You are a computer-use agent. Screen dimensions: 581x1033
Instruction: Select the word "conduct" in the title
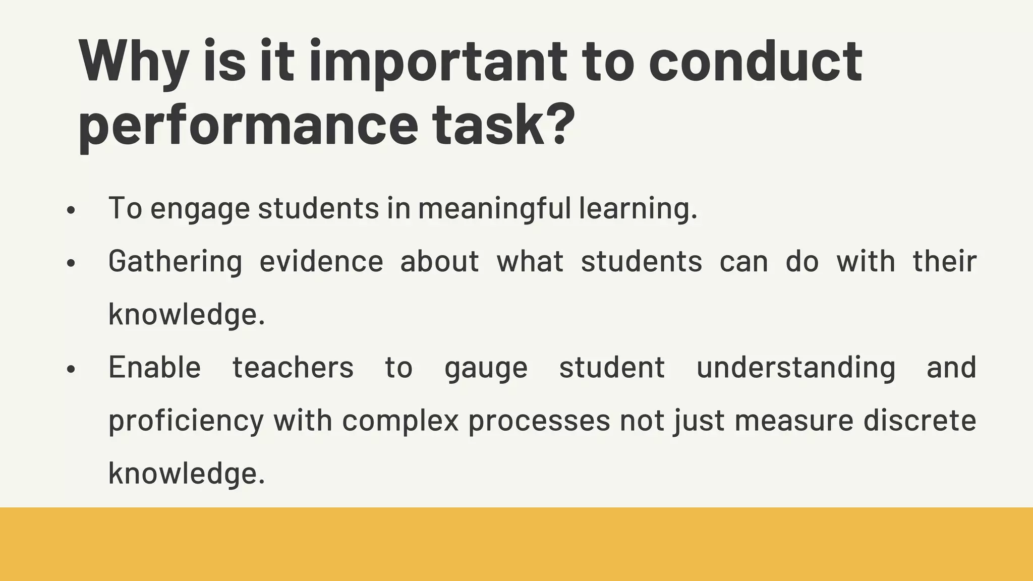[x=755, y=62]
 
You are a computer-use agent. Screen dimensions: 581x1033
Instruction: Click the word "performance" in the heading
[x=248, y=125]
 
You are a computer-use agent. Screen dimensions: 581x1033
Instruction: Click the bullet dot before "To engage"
[x=71, y=210]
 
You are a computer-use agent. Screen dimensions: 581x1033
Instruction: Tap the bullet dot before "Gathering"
[x=71, y=263]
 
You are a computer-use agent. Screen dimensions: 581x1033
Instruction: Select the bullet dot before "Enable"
[x=71, y=369]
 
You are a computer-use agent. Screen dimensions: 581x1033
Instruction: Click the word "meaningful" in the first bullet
[x=494, y=208]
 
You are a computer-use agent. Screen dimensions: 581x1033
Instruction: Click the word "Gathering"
[x=175, y=262]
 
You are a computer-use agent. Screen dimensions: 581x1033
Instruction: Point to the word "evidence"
[x=321, y=261]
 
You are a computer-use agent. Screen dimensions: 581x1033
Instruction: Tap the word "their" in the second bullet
[x=945, y=261]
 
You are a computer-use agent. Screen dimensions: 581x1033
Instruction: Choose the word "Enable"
[x=154, y=367]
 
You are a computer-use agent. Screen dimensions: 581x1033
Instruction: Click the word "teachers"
[x=293, y=367]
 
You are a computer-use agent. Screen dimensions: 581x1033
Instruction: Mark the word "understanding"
[x=796, y=367]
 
